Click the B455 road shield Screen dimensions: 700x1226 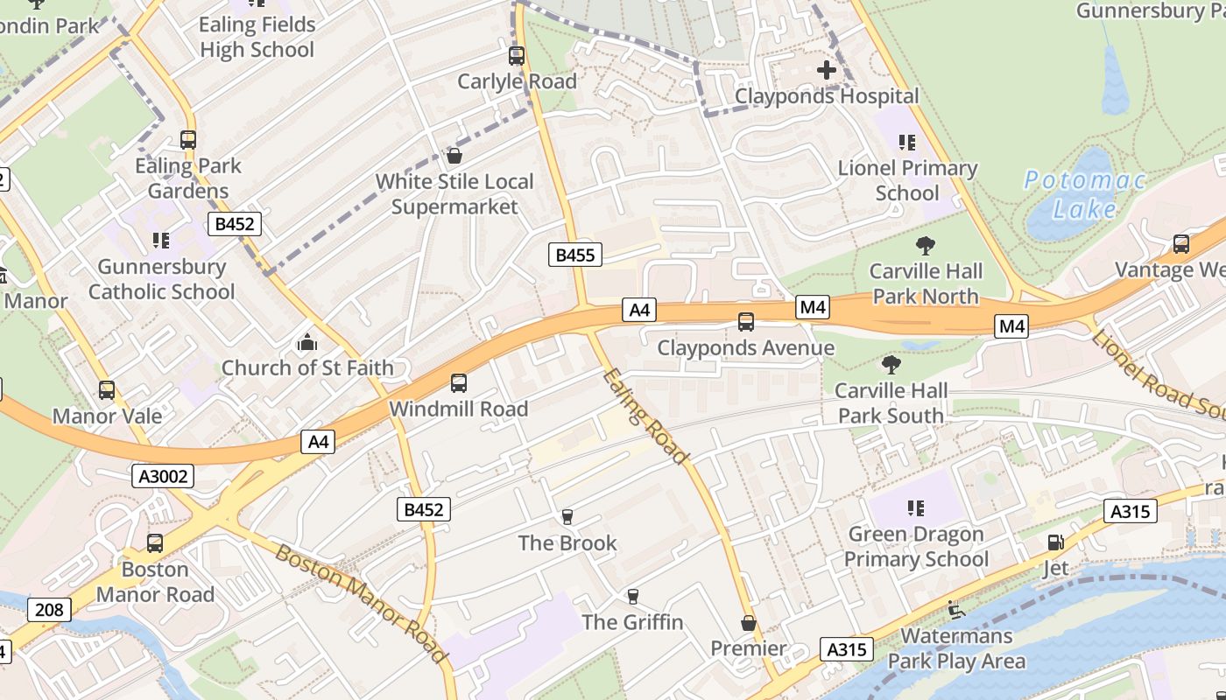[x=575, y=255]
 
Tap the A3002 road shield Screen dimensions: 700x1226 [x=163, y=476]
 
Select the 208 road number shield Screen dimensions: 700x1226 [x=48, y=609]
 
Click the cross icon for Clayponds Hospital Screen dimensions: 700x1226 [x=826, y=70]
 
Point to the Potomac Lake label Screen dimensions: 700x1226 [x=1085, y=194]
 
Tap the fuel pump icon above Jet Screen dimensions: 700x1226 [x=1055, y=542]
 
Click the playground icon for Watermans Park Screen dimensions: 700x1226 [x=956, y=609]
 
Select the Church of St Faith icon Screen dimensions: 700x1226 [x=306, y=342]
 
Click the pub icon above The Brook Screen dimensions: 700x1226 [x=567, y=517]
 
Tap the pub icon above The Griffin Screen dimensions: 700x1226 [x=632, y=597]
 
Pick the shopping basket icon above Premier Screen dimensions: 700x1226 [x=748, y=623]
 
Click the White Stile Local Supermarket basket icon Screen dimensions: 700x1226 [x=454, y=157]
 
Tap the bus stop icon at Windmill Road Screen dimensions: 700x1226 [x=459, y=383]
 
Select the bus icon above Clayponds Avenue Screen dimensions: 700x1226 [x=746, y=322]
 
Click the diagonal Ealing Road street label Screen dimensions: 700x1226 [x=645, y=416]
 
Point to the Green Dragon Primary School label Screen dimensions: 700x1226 [x=916, y=546]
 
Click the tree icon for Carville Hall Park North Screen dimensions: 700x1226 [x=925, y=246]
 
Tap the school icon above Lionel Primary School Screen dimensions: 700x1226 [x=906, y=142]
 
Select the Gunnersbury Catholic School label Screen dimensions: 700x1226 [x=161, y=279]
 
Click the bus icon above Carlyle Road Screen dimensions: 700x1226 [x=517, y=56]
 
